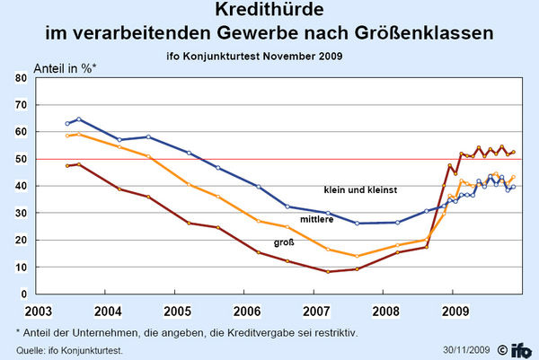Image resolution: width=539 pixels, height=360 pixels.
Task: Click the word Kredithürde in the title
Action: click(269, 12)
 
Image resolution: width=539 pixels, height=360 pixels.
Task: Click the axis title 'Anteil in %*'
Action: click(64, 67)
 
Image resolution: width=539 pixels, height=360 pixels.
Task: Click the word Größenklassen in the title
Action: click(429, 34)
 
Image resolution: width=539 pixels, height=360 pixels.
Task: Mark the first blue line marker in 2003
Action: click(67, 123)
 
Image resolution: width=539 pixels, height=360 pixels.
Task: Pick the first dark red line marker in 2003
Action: click(67, 166)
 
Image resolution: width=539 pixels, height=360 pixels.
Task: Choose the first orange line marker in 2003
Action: click(67, 136)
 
